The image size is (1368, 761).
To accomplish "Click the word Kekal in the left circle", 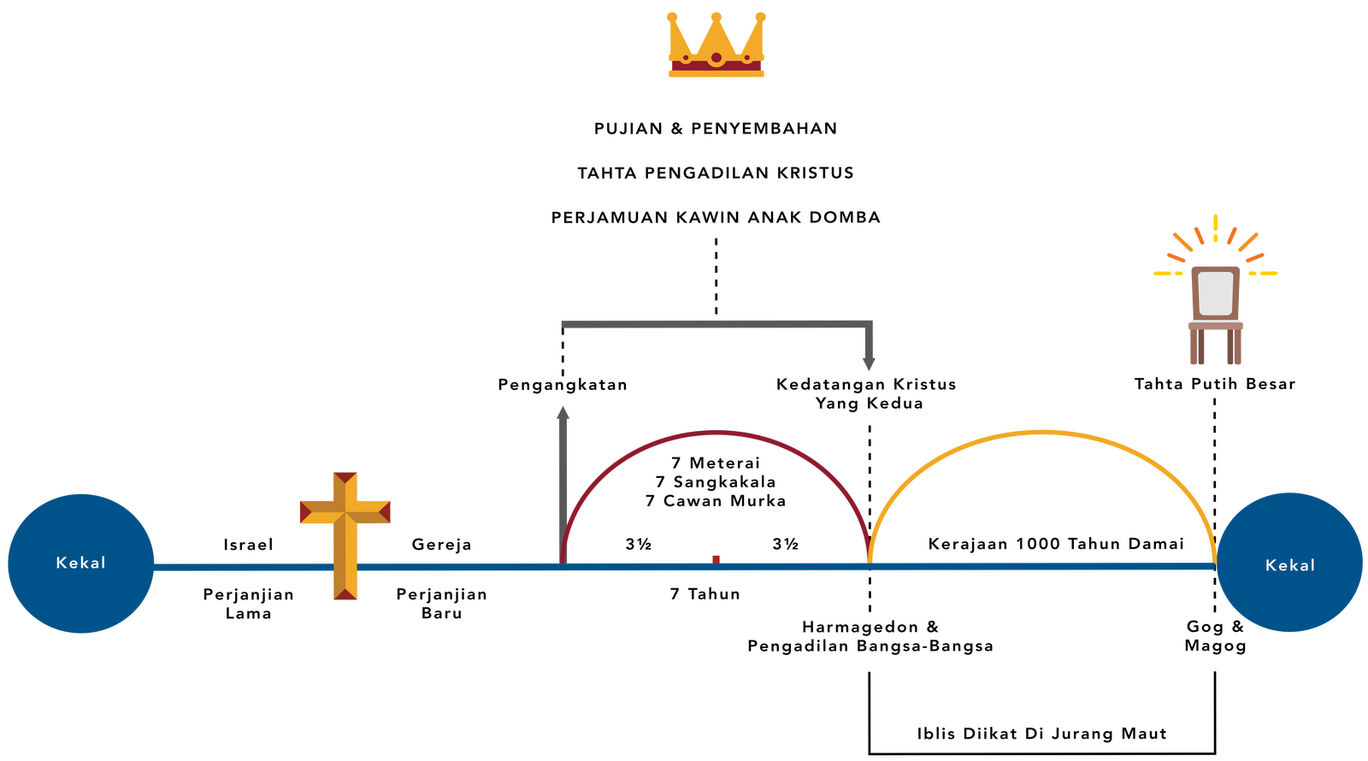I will (80, 563).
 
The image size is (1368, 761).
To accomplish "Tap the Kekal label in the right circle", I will (1289, 565).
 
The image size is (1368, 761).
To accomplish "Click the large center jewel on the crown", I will (716, 59).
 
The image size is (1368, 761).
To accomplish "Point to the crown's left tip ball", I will (671, 16).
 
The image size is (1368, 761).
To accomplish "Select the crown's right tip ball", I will (762, 16).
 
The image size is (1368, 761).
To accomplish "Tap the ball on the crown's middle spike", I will (716, 15).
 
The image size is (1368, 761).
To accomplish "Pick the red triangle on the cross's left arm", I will (304, 512).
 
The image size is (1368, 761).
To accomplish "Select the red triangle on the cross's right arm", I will (386, 512).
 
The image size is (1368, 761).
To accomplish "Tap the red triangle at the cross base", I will (345, 593).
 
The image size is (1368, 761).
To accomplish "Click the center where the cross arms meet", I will (345, 513).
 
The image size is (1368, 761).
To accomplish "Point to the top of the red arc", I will (716, 431).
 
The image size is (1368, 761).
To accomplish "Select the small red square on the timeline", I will (716, 558).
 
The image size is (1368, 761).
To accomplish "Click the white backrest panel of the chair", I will (1215, 292).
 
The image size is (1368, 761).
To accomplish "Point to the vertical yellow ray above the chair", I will (1215, 227).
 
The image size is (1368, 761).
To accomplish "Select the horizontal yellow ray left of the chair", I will (1168, 274).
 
